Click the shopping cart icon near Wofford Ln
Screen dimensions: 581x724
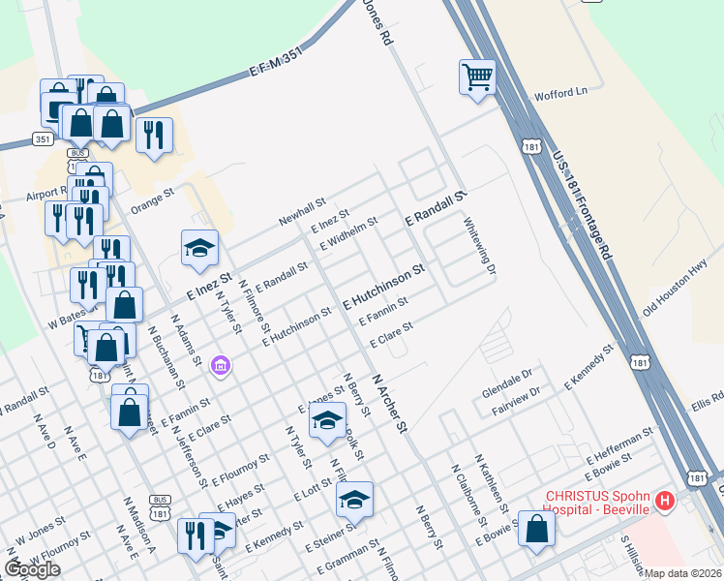click(478, 76)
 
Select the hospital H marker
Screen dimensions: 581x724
click(665, 501)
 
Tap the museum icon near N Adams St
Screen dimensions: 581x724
click(221, 366)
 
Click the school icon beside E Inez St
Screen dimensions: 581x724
click(199, 250)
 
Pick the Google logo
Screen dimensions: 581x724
click(32, 569)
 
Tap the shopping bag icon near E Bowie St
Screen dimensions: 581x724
click(536, 530)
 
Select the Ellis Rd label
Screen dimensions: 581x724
click(709, 398)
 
